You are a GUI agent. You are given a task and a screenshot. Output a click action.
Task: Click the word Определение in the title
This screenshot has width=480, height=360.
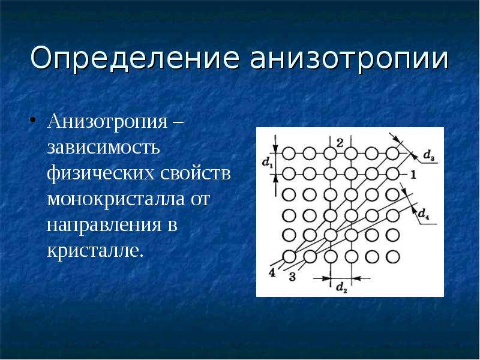134,57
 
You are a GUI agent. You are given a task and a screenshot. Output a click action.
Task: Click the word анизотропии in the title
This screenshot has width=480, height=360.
349,57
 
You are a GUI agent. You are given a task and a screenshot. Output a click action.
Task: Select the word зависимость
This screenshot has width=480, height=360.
103,147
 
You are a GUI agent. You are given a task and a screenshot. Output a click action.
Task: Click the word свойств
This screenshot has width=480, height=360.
196,173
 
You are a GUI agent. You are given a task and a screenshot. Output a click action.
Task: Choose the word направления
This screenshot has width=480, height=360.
104,225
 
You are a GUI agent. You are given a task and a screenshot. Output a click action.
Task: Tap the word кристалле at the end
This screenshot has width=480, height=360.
95,250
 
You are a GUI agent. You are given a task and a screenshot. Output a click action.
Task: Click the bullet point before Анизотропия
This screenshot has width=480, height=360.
33,119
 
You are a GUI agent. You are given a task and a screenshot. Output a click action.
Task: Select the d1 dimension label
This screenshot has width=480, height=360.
267,162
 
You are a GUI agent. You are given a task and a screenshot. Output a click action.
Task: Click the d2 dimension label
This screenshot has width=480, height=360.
341,287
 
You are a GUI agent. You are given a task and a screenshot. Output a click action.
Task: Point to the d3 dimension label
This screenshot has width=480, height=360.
428,156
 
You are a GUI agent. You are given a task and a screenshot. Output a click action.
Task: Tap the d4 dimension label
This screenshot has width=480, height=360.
424,214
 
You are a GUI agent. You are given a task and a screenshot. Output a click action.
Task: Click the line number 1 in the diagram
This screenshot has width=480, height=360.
413,175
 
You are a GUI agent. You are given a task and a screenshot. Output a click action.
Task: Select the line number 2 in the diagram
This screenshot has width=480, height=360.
340,143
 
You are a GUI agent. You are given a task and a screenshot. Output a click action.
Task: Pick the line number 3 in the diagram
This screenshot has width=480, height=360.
292,277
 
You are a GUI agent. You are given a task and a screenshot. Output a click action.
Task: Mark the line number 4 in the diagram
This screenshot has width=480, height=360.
272,272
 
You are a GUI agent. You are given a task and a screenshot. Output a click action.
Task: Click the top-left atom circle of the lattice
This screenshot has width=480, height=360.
289,153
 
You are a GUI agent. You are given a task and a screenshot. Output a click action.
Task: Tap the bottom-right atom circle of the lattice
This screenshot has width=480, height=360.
392,257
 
